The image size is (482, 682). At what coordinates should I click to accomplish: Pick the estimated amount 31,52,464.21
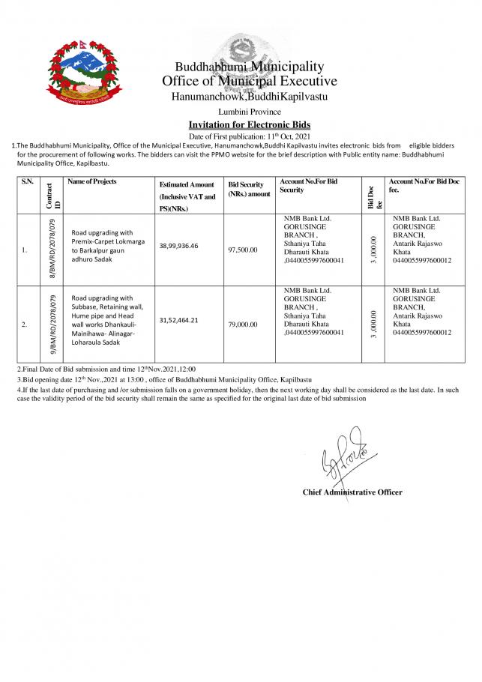coord(185,320)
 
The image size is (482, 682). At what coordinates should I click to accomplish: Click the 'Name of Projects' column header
coord(92,182)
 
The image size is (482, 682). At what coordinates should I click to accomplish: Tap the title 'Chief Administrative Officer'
coord(352,492)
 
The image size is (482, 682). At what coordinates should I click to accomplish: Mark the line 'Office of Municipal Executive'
coord(249,81)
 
